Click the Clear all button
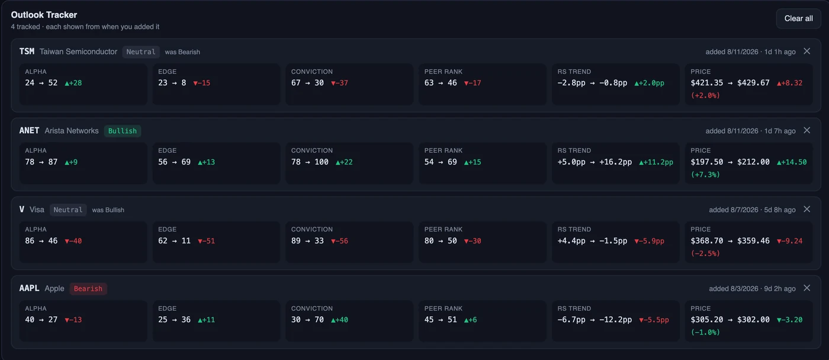click(x=798, y=18)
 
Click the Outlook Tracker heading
click(x=44, y=15)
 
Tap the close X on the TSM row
click(x=806, y=51)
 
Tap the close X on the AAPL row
click(x=806, y=288)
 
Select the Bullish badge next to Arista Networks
click(x=123, y=131)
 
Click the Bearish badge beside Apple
click(x=88, y=288)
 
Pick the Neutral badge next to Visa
click(x=68, y=210)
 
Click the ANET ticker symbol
click(x=29, y=131)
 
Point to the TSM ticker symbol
click(x=27, y=52)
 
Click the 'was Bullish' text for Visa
click(x=108, y=210)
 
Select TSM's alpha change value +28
click(x=73, y=83)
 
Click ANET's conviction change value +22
click(x=344, y=162)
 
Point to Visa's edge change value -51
click(x=206, y=241)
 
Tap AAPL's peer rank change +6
click(x=470, y=320)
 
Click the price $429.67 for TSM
click(x=753, y=83)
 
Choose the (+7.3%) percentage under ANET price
click(x=705, y=175)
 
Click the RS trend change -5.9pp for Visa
click(x=649, y=241)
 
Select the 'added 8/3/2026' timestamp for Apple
click(x=734, y=288)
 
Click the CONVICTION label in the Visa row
click(x=311, y=229)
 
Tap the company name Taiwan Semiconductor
click(x=78, y=52)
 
